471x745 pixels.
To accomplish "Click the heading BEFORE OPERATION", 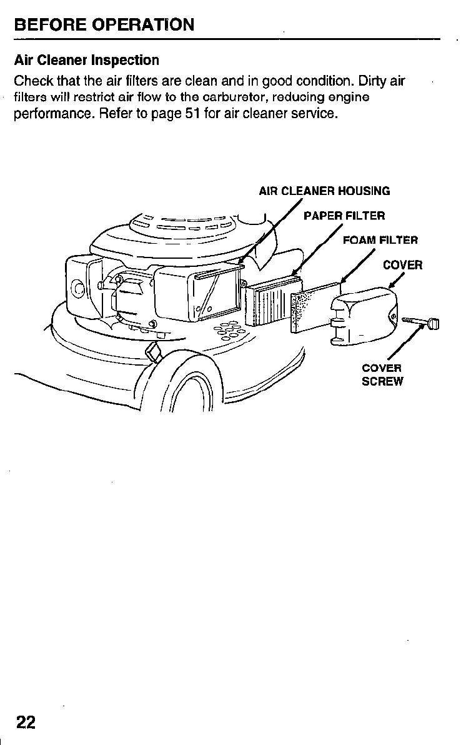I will [104, 25].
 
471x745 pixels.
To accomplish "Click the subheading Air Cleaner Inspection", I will [86, 61].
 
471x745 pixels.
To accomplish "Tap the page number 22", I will [26, 722].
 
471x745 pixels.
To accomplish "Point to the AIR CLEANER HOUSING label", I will [324, 191].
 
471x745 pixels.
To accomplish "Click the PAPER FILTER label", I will [344, 216].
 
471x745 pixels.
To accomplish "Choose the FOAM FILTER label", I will [380, 239].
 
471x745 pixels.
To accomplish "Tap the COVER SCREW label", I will [382, 374].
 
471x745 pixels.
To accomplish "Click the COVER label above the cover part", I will [402, 264].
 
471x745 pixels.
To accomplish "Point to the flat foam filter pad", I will [315, 307].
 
